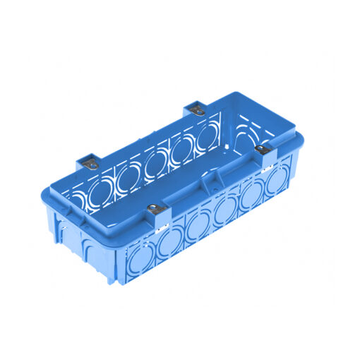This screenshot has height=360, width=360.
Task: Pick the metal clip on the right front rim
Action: click(x=263, y=150)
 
